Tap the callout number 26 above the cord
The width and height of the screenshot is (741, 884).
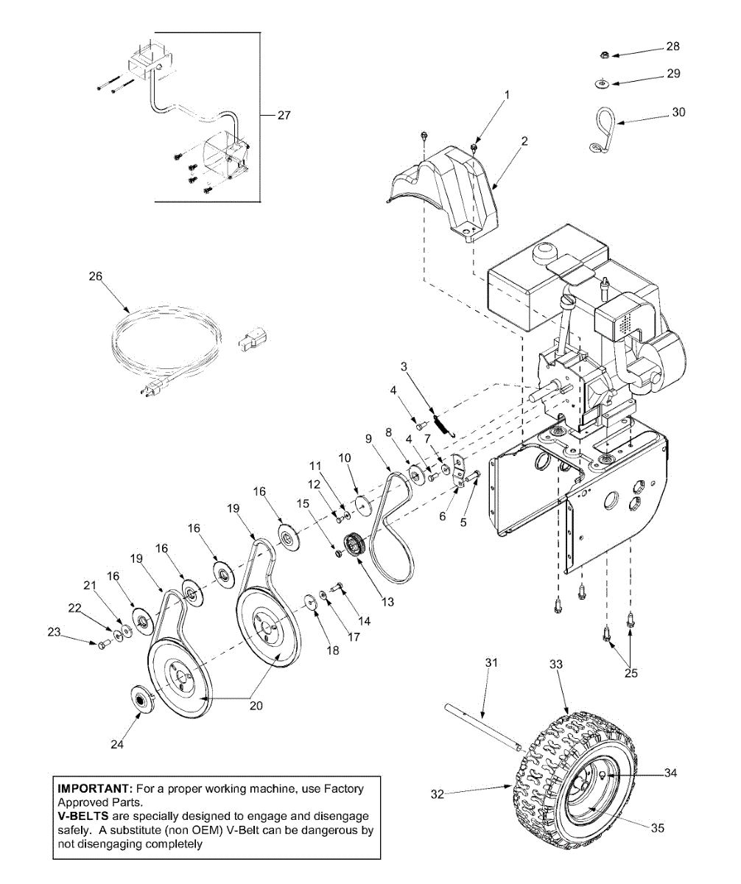(95, 276)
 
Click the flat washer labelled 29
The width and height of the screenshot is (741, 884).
(602, 83)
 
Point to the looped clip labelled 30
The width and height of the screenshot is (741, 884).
(602, 129)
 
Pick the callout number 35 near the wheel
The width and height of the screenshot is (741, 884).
(657, 827)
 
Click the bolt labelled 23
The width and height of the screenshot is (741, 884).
(102, 644)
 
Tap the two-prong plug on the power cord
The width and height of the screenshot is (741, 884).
(152, 392)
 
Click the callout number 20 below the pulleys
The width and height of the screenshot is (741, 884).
(256, 705)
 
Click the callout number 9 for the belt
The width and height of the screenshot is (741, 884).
(368, 438)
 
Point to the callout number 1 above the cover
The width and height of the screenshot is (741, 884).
(506, 94)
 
